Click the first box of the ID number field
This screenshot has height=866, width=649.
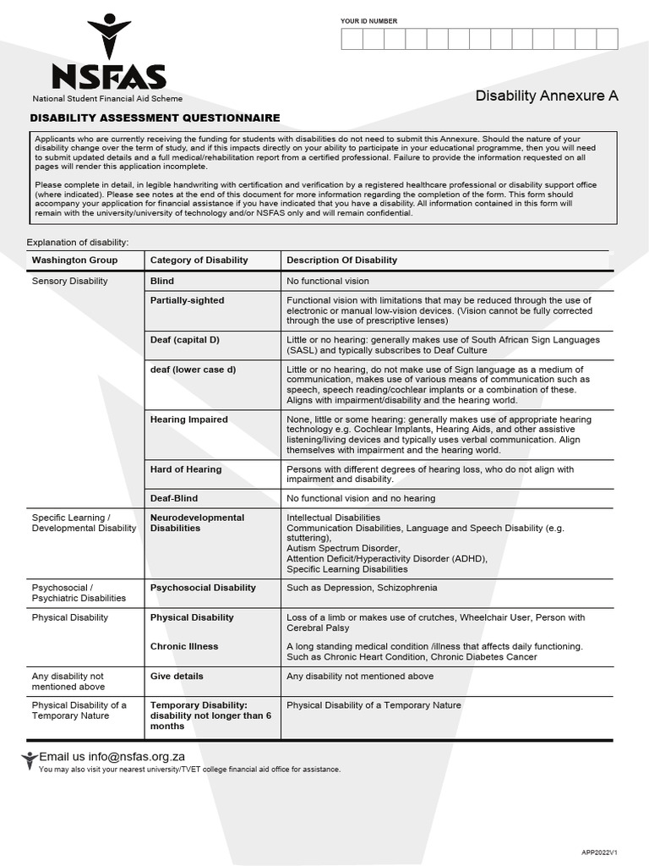pyautogui.click(x=352, y=39)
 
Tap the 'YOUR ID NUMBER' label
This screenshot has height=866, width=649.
pyautogui.click(x=368, y=21)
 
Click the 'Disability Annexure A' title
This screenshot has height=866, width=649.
pyautogui.click(x=546, y=96)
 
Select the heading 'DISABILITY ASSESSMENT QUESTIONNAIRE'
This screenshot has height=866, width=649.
pyautogui.click(x=155, y=118)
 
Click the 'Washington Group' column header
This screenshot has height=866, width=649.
pyautogui.click(x=75, y=260)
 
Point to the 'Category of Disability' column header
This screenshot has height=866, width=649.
pyautogui.click(x=199, y=260)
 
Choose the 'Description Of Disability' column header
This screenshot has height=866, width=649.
pyautogui.click(x=341, y=260)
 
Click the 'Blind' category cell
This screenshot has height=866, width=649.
pyautogui.click(x=162, y=281)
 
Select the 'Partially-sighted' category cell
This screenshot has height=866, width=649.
pyautogui.click(x=187, y=300)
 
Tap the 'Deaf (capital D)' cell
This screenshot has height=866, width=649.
pyautogui.click(x=184, y=340)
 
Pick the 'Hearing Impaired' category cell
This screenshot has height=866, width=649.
pyautogui.click(x=188, y=419)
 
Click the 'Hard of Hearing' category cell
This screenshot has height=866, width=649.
pyautogui.click(x=186, y=469)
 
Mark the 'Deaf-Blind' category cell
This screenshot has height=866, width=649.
pyautogui.click(x=174, y=498)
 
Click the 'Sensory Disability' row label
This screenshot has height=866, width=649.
pyautogui.click(x=70, y=281)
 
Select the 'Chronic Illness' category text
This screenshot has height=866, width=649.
pyautogui.click(x=184, y=646)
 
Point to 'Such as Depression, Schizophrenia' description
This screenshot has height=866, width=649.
pyautogui.click(x=362, y=588)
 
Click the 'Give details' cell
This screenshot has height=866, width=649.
pyautogui.click(x=177, y=676)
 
